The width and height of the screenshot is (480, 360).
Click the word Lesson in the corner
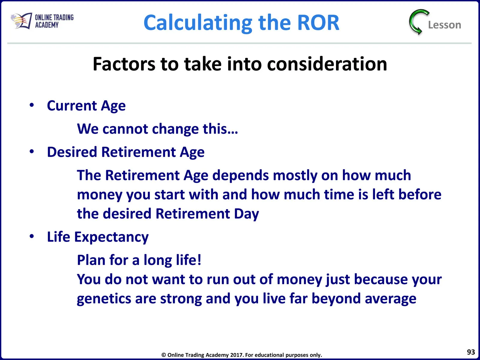(444, 25)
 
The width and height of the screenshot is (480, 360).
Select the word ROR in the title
(318, 22)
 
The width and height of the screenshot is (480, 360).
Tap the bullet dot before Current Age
(32, 105)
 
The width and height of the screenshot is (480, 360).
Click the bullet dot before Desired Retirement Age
(32, 151)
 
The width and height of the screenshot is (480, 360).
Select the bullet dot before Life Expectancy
(32, 236)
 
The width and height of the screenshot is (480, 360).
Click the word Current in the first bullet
(72, 106)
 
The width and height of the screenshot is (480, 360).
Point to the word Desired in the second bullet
(72, 152)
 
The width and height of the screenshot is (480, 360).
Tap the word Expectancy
(112, 237)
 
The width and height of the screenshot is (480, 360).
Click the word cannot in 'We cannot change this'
(125, 129)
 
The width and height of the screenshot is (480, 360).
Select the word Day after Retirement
(247, 214)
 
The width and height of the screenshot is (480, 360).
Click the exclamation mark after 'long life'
(199, 260)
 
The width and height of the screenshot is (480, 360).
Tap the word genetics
(104, 299)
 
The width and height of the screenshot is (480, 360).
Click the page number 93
(471, 352)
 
